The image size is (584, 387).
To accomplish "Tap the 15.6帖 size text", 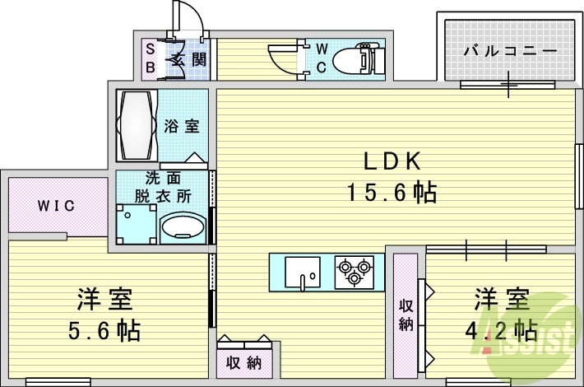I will point(390,193).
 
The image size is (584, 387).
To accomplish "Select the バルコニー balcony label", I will point(508,51).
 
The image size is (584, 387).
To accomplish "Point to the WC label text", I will point(322,57).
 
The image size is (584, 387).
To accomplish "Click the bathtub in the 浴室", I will point(136,126).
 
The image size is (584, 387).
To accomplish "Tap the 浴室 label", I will point(182,126).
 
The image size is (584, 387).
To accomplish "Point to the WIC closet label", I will point(56,205).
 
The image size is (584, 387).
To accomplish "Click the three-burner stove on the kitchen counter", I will point(355,272).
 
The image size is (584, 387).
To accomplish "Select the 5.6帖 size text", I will point(104,331).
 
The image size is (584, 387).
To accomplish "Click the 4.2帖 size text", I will point(499,330).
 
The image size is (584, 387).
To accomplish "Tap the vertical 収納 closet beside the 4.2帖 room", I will point(406,314).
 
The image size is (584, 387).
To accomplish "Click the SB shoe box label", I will point(150,58).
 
